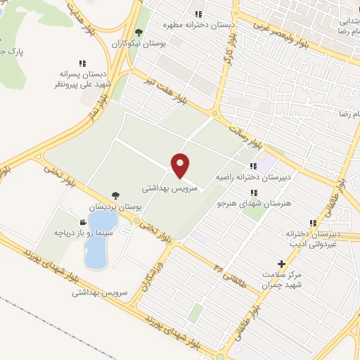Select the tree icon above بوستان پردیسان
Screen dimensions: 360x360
point(115,196)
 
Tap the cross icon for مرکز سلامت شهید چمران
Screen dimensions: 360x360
point(282,264)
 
